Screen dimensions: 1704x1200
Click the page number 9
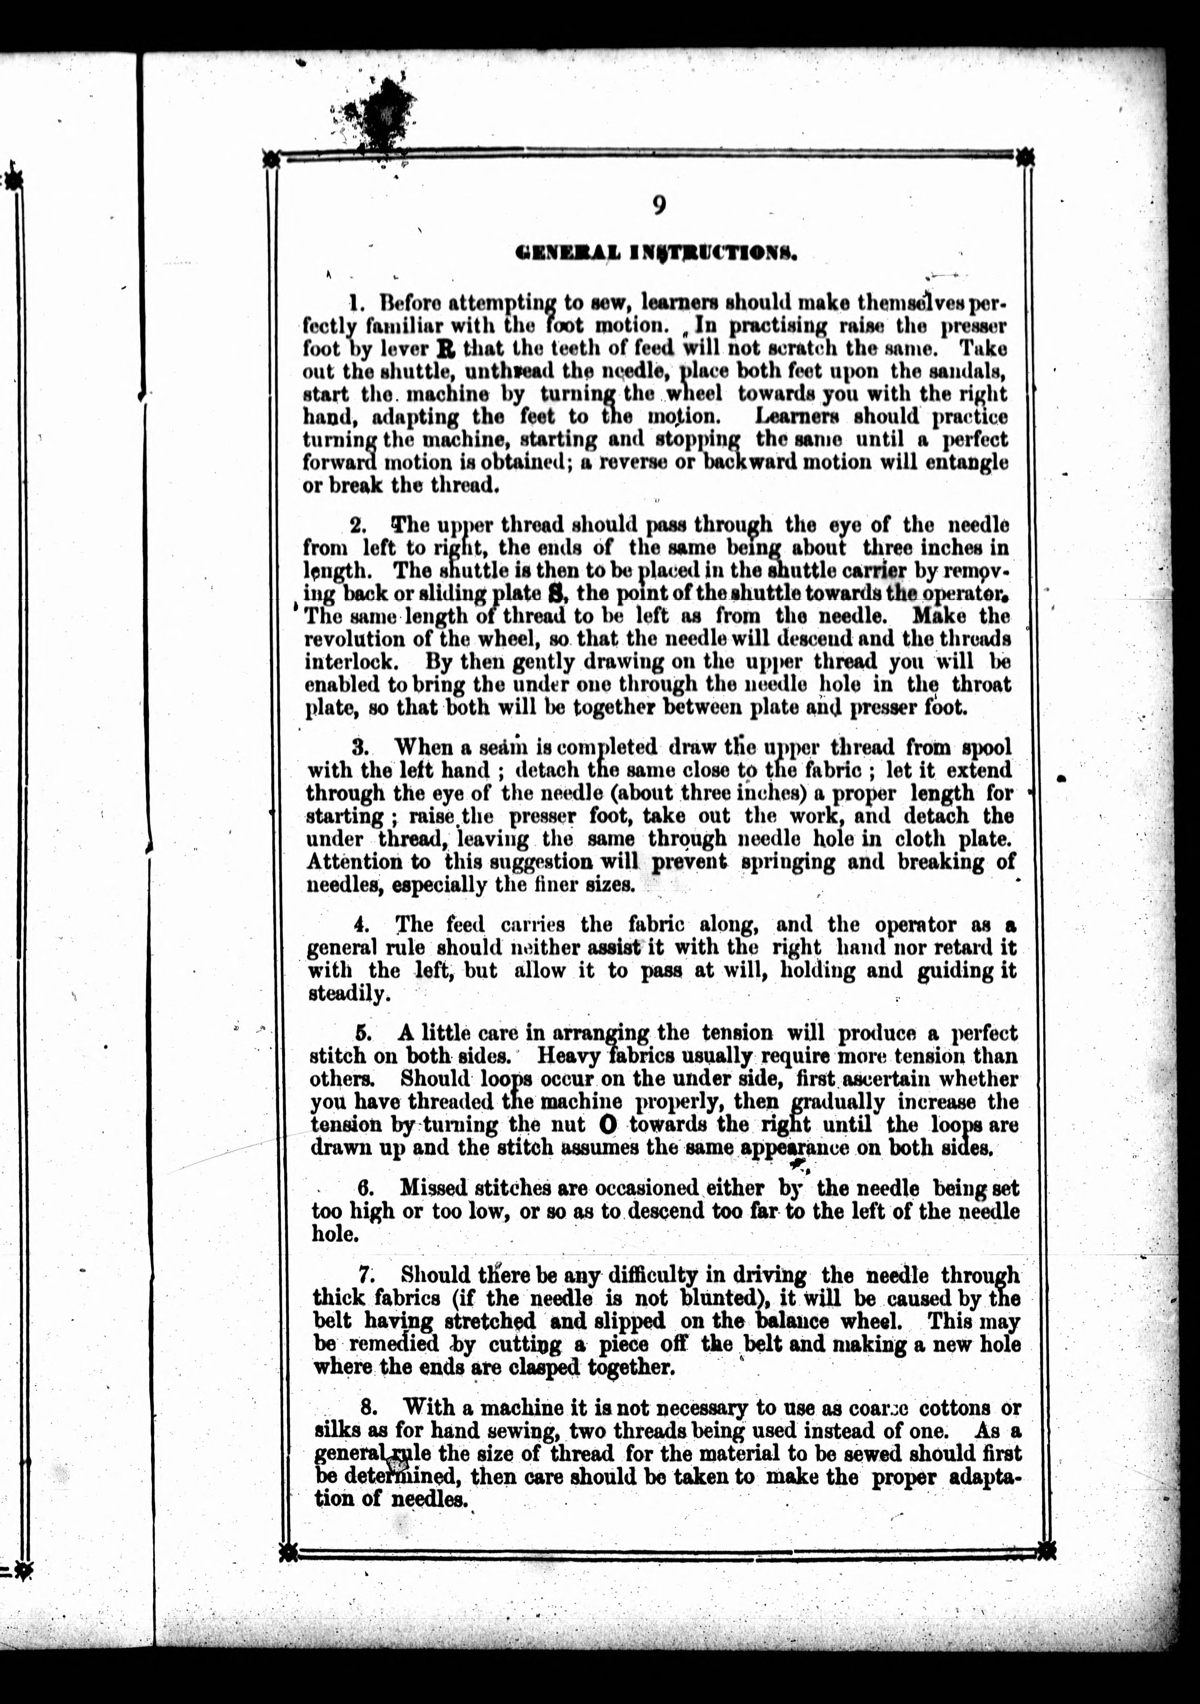coord(658,204)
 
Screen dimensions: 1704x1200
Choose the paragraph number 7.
coord(366,1275)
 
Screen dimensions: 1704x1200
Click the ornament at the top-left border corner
coord(271,158)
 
